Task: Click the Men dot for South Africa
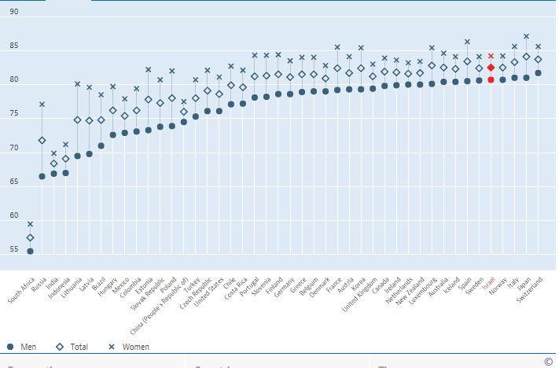tap(30, 252)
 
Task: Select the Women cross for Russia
tap(42, 105)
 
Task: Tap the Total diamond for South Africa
tap(30, 237)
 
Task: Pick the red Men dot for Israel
tap(491, 80)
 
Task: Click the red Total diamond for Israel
tap(491, 68)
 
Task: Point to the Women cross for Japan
tap(526, 36)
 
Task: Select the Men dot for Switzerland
tap(538, 73)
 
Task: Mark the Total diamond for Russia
tap(42, 141)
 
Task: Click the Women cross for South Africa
tap(30, 224)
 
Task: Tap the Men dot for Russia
tap(42, 176)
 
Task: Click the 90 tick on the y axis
tap(14, 13)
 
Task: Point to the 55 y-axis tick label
tap(14, 250)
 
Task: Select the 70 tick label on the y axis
tap(14, 149)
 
